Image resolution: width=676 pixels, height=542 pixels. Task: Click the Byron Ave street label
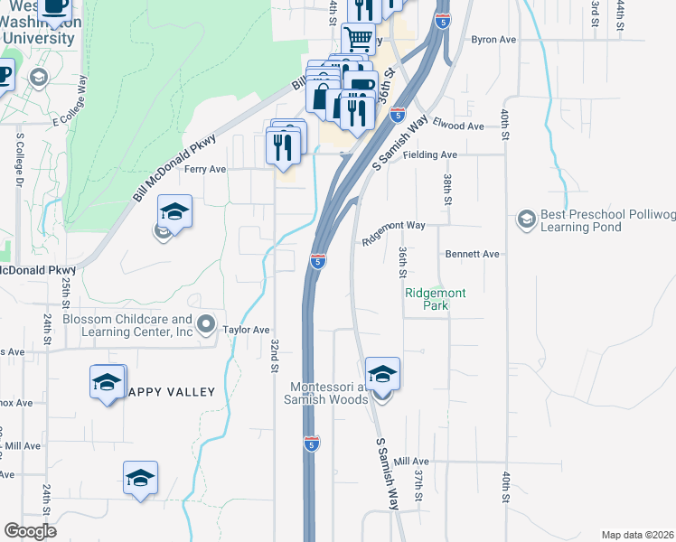point(493,41)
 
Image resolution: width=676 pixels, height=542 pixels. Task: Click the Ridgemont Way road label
point(393,226)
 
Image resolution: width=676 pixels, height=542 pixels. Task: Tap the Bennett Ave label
point(472,255)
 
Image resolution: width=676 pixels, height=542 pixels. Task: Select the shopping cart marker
point(359,39)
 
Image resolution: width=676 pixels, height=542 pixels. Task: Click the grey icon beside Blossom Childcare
point(206,323)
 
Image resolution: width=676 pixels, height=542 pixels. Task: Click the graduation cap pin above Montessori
point(382,373)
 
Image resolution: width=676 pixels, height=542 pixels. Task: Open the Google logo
point(30,530)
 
